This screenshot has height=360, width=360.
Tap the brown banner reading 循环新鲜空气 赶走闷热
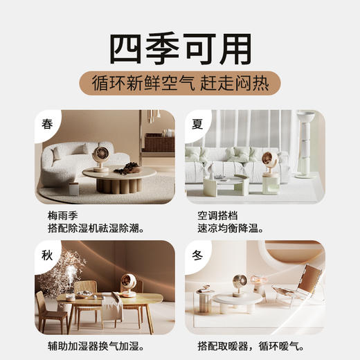click(180, 83)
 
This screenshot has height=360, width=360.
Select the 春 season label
click(47, 125)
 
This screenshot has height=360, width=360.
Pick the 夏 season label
click(197, 125)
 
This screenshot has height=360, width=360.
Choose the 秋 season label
click(46, 254)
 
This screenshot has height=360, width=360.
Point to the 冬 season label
click(197, 254)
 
